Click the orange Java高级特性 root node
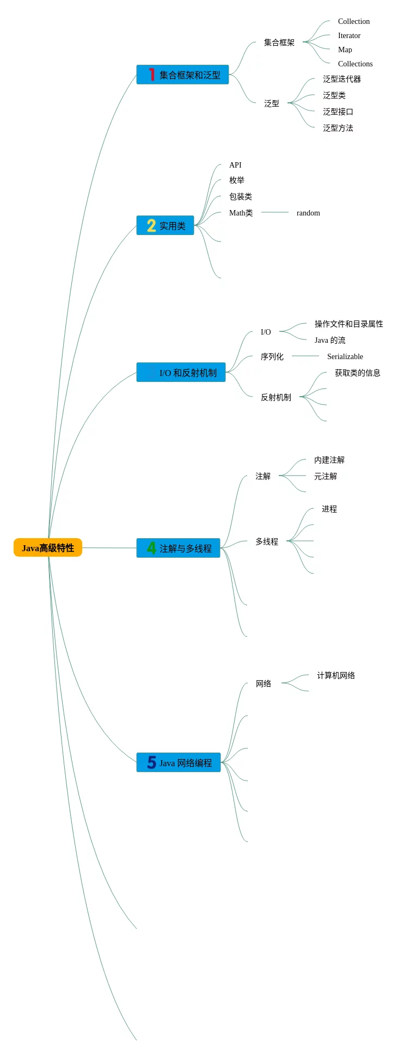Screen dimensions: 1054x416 coord(48,547)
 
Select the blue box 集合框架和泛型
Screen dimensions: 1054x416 coord(182,75)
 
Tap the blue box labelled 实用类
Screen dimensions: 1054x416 coord(165,225)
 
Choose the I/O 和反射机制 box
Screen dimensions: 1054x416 coord(181,372)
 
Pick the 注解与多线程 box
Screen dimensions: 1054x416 coord(178,548)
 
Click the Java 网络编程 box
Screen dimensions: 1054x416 coord(179,762)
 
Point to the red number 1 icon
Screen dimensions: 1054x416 coord(151,75)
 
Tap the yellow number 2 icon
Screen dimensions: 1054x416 coord(151,225)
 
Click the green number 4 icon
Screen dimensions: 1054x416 coord(151,548)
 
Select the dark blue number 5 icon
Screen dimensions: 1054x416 coord(151,762)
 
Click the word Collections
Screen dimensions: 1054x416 coord(355,64)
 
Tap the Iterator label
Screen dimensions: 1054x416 coord(349,35)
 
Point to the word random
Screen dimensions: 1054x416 coord(308,213)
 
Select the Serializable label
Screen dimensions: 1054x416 coord(345,356)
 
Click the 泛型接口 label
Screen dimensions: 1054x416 coord(338,112)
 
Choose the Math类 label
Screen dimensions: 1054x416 coord(241,213)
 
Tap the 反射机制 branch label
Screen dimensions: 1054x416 coord(276,397)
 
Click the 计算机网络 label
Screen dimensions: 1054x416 coord(336,675)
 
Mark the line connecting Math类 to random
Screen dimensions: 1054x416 coord(275,212)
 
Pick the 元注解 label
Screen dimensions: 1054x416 coord(325,476)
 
